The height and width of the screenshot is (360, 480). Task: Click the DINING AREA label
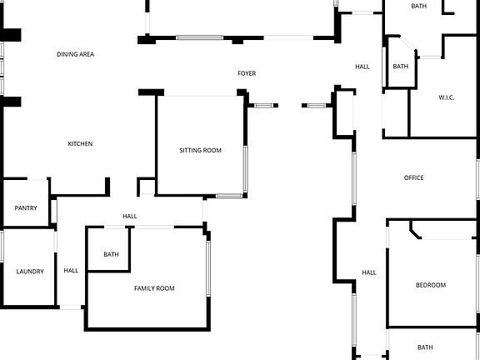click(75, 54)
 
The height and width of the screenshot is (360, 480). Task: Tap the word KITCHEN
click(80, 144)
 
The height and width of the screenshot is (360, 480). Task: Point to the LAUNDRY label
click(28, 271)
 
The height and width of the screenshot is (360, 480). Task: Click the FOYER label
click(247, 73)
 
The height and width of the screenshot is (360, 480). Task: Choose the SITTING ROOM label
click(201, 151)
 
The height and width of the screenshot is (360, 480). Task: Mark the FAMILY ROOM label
click(154, 288)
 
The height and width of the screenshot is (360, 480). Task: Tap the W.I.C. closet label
click(447, 98)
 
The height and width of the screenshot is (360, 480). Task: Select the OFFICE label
click(414, 177)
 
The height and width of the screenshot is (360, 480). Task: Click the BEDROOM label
click(431, 285)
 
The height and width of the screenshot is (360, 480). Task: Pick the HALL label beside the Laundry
click(71, 270)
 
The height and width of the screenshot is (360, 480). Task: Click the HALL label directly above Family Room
click(130, 217)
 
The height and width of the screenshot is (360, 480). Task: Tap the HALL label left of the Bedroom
click(369, 272)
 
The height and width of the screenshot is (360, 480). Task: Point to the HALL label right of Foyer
click(362, 67)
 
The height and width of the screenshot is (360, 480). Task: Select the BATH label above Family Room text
click(111, 254)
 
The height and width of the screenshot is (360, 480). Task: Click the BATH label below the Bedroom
click(425, 347)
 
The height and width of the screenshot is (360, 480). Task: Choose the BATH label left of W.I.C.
click(401, 67)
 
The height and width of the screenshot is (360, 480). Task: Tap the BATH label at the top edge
click(419, 7)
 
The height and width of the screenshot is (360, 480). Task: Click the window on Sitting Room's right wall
click(245, 169)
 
